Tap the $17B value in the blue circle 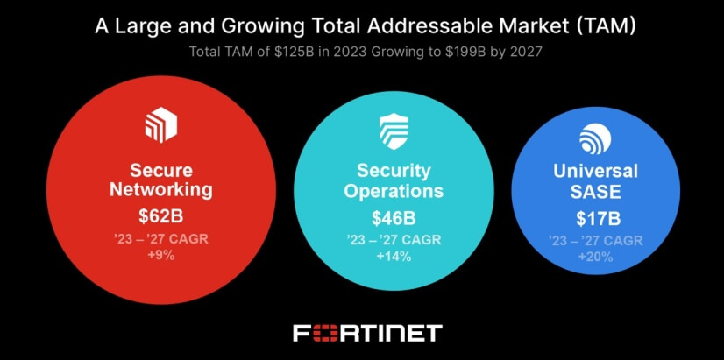(x=595, y=218)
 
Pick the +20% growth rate (x=595, y=257)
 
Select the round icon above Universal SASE (x=595, y=138)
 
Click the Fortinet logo (x=366, y=333)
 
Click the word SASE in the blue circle (x=595, y=193)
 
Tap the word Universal (x=595, y=172)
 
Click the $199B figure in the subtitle (x=451, y=52)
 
